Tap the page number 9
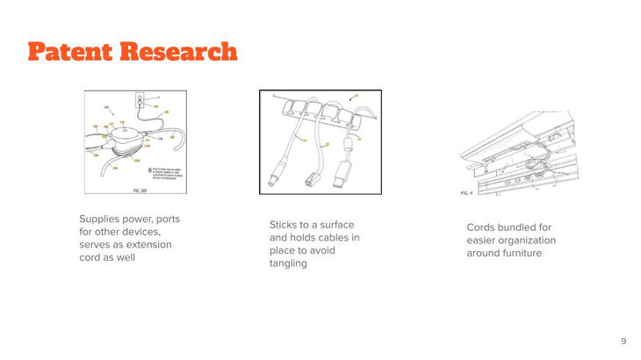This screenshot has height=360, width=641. pyautogui.click(x=623, y=341)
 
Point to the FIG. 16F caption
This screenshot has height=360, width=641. pyautogui.click(x=140, y=189)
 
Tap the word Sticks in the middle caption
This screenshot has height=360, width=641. pyautogui.click(x=285, y=225)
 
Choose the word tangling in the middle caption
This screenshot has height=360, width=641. pyautogui.click(x=288, y=264)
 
